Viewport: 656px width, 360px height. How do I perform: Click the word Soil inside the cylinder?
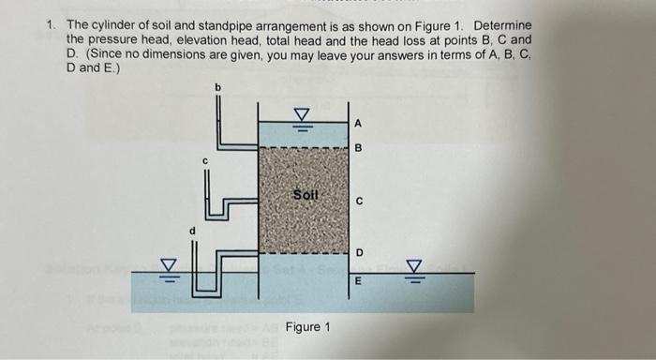306,196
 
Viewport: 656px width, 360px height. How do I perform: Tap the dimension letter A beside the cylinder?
357,123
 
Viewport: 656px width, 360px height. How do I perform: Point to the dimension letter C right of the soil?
358,201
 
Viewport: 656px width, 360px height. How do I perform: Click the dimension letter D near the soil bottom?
358,252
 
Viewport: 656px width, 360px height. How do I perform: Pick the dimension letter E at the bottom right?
358,278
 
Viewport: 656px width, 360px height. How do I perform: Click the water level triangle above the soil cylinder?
302,115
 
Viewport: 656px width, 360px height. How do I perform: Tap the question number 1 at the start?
52,24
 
